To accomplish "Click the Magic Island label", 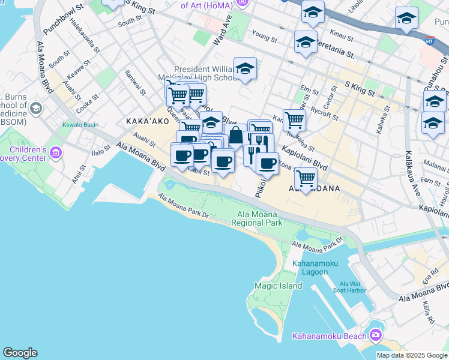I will click(x=278, y=286).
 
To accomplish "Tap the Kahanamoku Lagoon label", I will click(x=310, y=268).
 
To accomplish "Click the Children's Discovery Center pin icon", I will click(x=56, y=153).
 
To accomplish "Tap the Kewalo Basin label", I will click(x=80, y=125).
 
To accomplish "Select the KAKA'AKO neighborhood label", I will click(x=145, y=121).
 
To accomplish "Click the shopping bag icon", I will click(x=236, y=136).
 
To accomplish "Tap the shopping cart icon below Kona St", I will click(x=306, y=178).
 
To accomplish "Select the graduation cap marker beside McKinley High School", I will click(x=245, y=70).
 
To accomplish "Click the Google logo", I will click(x=20, y=353).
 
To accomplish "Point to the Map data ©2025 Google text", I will click(x=411, y=355).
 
